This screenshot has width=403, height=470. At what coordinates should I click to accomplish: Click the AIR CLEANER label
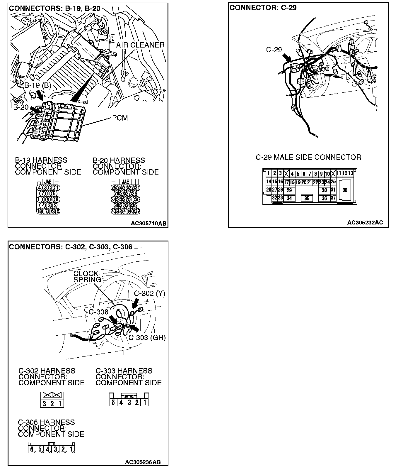(x=140, y=45)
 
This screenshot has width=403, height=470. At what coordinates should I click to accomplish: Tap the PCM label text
(x=120, y=118)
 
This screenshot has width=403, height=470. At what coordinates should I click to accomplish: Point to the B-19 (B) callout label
(x=37, y=85)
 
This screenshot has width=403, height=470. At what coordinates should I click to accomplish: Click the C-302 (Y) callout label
(x=149, y=294)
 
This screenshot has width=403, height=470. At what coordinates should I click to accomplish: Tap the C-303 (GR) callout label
(x=147, y=338)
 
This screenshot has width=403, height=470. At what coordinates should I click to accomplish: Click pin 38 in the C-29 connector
(x=345, y=190)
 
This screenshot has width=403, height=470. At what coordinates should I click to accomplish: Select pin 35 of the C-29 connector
(x=307, y=198)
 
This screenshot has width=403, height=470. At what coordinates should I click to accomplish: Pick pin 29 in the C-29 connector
(x=289, y=190)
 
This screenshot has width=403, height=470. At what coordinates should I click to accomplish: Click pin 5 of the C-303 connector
(x=113, y=402)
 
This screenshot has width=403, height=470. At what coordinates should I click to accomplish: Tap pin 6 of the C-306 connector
(x=32, y=449)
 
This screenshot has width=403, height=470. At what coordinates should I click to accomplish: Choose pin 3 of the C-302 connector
(x=44, y=404)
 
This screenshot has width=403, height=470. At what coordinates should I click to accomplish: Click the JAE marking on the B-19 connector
(x=48, y=182)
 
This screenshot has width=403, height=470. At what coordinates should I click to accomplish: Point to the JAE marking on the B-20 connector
(x=125, y=182)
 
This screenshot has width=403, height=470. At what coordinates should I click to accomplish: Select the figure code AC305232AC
(x=365, y=223)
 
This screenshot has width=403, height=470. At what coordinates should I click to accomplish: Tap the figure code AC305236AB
(x=143, y=462)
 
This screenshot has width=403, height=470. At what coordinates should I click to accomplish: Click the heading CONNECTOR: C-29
(x=263, y=8)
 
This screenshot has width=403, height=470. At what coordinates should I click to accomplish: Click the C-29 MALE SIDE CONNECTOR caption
(x=308, y=158)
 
